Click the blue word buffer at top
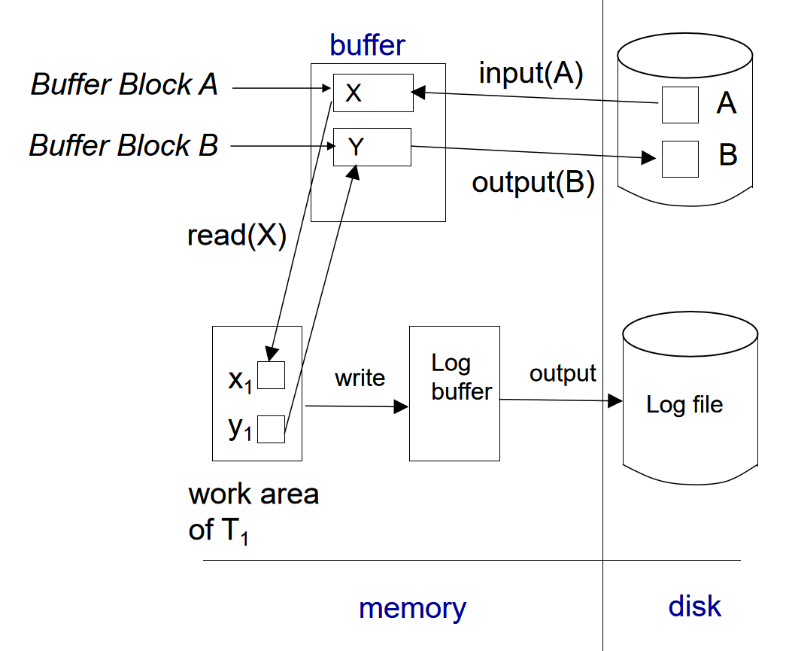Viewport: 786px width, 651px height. (367, 45)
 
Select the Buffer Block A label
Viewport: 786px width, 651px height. (124, 84)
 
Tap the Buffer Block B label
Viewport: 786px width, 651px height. (123, 144)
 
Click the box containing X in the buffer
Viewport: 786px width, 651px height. (373, 93)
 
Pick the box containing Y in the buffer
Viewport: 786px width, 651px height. (372, 147)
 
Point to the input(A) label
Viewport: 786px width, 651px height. (530, 74)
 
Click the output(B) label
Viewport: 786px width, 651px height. (533, 183)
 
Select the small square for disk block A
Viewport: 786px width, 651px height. (680, 105)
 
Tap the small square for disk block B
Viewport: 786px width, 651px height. (680, 159)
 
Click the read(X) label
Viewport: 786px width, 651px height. (237, 236)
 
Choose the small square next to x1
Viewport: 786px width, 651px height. (271, 375)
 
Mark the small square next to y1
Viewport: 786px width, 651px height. (271, 429)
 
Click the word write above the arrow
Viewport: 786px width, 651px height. (360, 378)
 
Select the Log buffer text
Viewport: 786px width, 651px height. (461, 377)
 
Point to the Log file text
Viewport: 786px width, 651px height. (684, 405)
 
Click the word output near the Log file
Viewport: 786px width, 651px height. (563, 373)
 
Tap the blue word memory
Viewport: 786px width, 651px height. (412, 608)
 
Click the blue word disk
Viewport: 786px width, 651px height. (694, 607)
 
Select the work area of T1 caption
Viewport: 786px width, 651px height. (253, 512)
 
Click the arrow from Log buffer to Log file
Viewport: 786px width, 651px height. (561, 400)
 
